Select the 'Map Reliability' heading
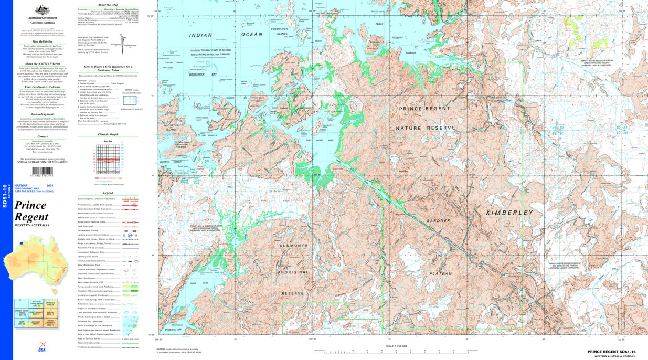(x=43, y=41)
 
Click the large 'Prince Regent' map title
(x=31, y=211)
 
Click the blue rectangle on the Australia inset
(x=21, y=243)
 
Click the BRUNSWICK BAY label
(x=206, y=75)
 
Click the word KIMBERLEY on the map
(x=509, y=213)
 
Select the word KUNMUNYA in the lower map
(x=292, y=245)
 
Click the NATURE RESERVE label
(x=425, y=128)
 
